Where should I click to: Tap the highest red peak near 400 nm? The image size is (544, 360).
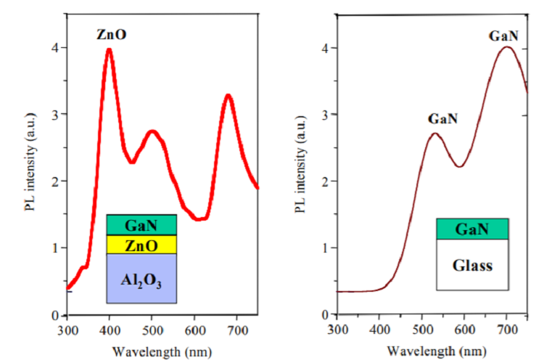pos(109,50)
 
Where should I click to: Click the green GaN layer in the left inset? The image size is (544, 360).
pos(141,225)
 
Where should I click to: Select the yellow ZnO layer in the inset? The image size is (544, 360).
pos(141,245)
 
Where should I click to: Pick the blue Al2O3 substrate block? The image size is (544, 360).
pos(141,279)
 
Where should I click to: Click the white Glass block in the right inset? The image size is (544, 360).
pos(472,265)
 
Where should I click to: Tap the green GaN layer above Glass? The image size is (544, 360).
pos(472,229)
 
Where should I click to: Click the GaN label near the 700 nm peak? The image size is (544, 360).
pos(503,33)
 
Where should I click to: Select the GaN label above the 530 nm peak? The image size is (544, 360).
pos(441,119)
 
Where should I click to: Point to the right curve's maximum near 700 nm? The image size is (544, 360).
pos(508,48)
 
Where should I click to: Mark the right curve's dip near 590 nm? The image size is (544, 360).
pos(459,166)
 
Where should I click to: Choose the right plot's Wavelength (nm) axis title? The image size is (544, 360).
pos(434,352)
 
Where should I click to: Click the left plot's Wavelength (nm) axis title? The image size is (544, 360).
pos(162,352)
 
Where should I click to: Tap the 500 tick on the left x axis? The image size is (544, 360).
pos(152,331)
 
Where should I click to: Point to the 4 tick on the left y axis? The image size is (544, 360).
pos(55,48)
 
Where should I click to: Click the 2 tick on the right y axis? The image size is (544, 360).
pos(326,181)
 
